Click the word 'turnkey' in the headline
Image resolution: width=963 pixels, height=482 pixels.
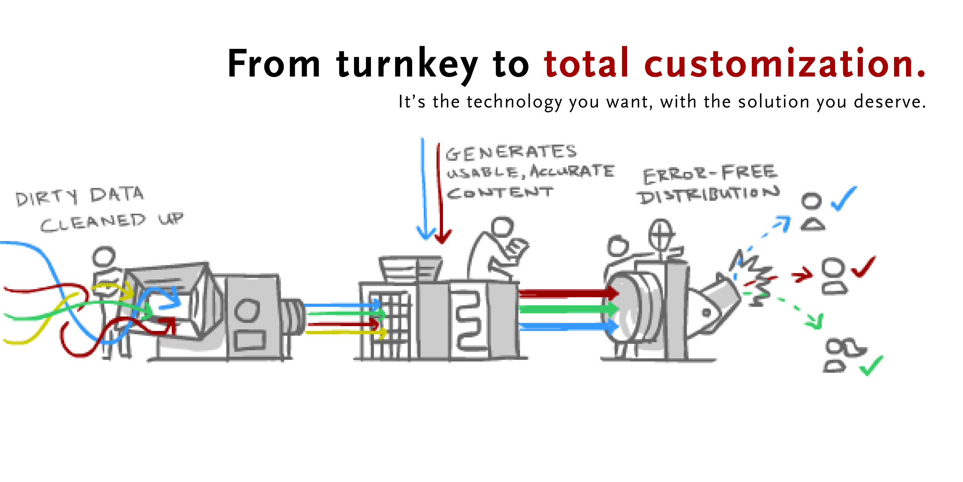point(407,65)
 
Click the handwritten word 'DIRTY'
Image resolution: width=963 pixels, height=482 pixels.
point(47,198)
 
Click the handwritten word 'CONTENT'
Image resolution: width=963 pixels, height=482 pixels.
point(500,193)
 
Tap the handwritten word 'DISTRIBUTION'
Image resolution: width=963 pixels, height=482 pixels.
point(708,195)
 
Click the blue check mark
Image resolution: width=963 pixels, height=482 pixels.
point(844,199)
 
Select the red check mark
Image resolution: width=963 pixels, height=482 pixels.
point(864,266)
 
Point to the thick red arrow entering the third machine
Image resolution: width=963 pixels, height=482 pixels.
point(568,293)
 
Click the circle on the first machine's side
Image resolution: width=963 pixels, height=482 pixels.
point(247,310)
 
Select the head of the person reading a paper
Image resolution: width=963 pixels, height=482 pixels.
point(502,227)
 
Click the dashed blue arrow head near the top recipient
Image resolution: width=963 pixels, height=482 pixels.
point(783,224)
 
